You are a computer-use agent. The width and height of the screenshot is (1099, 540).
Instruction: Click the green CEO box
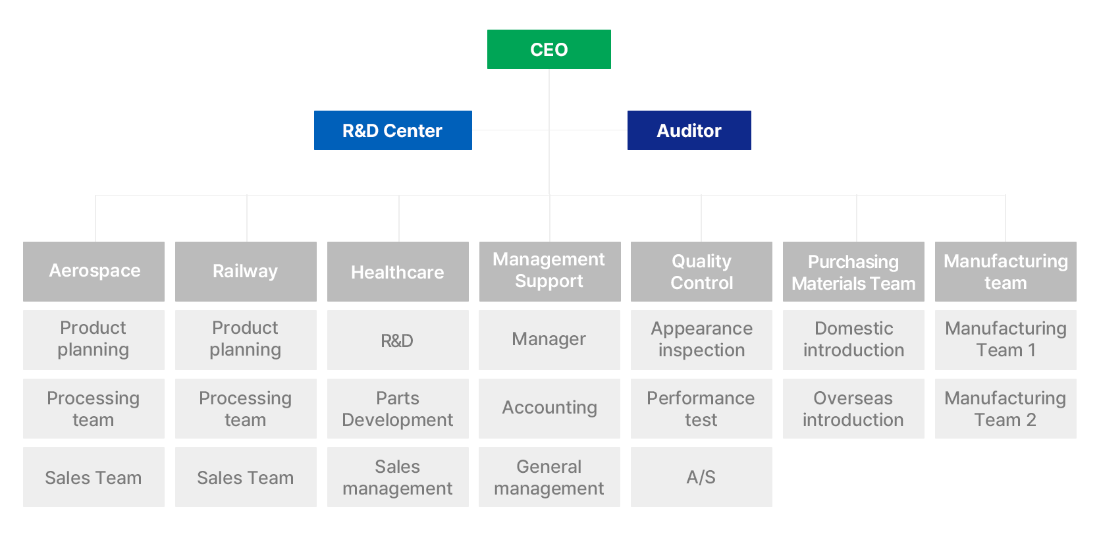pyautogui.click(x=549, y=49)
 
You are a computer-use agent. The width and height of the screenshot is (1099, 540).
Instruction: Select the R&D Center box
pyautogui.click(x=393, y=130)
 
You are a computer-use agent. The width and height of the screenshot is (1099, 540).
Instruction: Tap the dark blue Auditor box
pyautogui.click(x=689, y=130)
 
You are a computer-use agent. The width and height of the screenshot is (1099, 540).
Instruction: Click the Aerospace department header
pyautogui.click(x=94, y=271)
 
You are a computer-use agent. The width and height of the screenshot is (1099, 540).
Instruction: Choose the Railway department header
pyautogui.click(x=246, y=271)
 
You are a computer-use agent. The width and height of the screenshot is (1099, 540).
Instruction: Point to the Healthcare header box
pyautogui.click(x=398, y=271)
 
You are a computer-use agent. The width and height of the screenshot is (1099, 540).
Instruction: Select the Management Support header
pyautogui.click(x=550, y=271)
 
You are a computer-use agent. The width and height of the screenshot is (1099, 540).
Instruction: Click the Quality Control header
pyautogui.click(x=701, y=271)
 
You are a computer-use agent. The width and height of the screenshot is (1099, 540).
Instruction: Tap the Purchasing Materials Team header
pyautogui.click(x=853, y=271)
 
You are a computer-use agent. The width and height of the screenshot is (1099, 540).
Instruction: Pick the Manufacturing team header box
pyautogui.click(x=1005, y=271)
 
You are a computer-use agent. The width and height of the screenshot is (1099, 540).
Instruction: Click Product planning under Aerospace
pyautogui.click(x=94, y=340)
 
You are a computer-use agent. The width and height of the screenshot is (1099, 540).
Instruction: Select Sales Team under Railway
pyautogui.click(x=246, y=477)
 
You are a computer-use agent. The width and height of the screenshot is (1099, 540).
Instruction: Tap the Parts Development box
pyautogui.click(x=398, y=408)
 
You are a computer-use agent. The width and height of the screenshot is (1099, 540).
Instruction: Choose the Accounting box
pyautogui.click(x=549, y=408)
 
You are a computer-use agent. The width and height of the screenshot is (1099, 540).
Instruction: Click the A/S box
pyautogui.click(x=701, y=477)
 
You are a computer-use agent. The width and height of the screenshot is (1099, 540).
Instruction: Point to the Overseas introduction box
pyautogui.click(x=853, y=408)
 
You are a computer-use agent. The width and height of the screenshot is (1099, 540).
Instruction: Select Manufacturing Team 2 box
pyautogui.click(x=1005, y=408)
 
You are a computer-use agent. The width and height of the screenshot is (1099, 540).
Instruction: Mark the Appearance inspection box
pyautogui.click(x=701, y=340)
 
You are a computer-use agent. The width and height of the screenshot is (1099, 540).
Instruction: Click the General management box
pyautogui.click(x=549, y=477)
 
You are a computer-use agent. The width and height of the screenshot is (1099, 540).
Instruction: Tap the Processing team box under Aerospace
pyautogui.click(x=94, y=408)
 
